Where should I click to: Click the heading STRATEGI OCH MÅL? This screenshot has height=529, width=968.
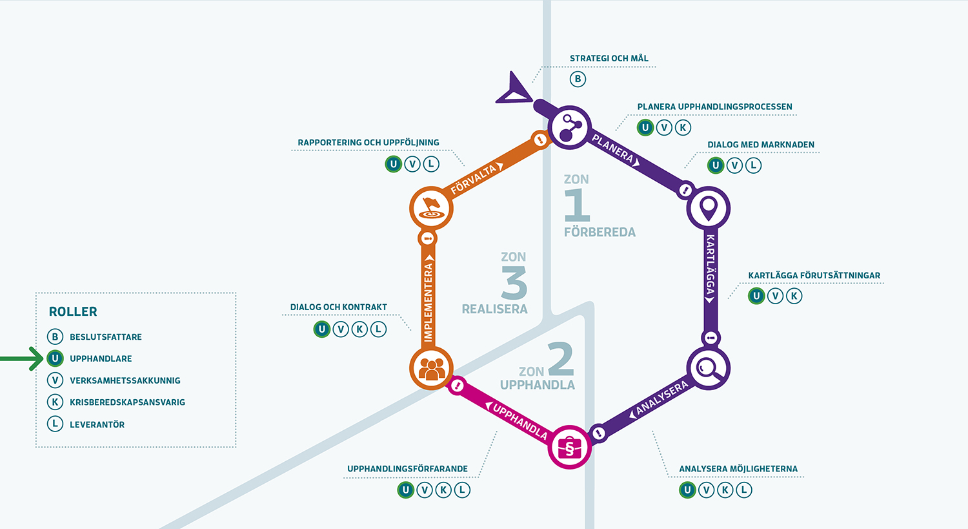[x=609, y=58]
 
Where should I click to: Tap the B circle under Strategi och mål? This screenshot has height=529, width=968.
[x=578, y=79]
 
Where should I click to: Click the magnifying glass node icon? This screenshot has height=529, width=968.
[x=708, y=369]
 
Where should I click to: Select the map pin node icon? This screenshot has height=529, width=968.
[x=708, y=208]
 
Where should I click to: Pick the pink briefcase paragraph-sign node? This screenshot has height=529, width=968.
[x=569, y=447]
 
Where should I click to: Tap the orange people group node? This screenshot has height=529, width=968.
[x=431, y=369]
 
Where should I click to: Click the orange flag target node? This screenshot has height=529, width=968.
[x=431, y=208]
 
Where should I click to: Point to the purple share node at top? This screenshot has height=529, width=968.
[x=570, y=127]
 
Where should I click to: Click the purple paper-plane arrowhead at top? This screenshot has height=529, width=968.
[x=514, y=89]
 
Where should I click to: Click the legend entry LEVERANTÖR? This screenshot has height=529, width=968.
[x=97, y=424]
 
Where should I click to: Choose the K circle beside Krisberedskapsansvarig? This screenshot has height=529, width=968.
[x=55, y=402]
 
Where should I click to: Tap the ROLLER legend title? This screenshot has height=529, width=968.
[x=73, y=311]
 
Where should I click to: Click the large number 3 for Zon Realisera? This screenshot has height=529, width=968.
[x=514, y=282]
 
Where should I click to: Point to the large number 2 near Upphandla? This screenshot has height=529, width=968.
[x=560, y=358]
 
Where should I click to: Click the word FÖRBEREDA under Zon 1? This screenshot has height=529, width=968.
[x=600, y=232]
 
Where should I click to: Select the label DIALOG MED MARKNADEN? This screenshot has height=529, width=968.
[x=761, y=145]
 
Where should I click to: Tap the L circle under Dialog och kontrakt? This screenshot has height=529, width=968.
[x=378, y=329]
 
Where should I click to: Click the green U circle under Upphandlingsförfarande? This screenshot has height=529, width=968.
[x=405, y=490]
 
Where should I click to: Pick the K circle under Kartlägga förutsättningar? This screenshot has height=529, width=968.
[x=794, y=296]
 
